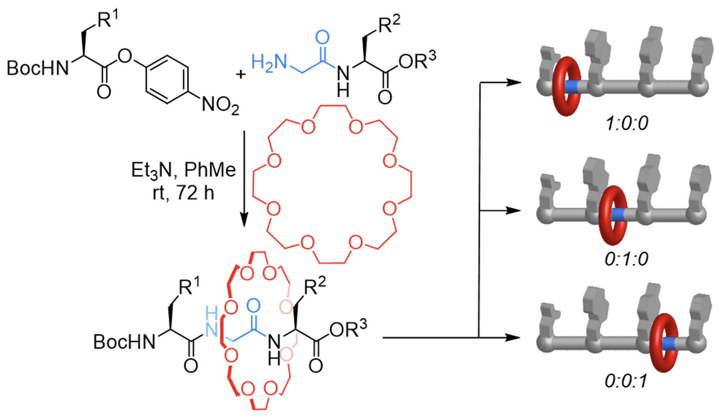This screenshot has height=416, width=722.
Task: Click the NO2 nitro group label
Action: click(220, 105)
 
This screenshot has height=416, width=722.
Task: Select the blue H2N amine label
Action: click(269, 62)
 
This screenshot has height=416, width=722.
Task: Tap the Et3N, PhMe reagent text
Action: click(184, 170)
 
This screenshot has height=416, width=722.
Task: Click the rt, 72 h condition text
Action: click(184, 193)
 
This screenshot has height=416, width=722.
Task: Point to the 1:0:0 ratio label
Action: click(627, 123)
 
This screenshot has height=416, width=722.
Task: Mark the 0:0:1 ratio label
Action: click(626, 381)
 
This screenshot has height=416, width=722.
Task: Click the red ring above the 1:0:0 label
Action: click(566, 86)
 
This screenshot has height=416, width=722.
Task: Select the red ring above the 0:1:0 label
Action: click(613, 215)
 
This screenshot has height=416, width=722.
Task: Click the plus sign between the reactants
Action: click(241, 74)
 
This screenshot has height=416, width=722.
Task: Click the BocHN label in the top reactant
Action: click(38, 68)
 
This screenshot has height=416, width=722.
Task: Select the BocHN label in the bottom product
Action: click(124, 342)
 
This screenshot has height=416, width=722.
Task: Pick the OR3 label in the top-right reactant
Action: click(417, 60)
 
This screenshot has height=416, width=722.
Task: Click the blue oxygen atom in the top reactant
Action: click(322, 37)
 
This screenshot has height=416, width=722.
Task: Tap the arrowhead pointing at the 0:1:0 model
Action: click(513, 211)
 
